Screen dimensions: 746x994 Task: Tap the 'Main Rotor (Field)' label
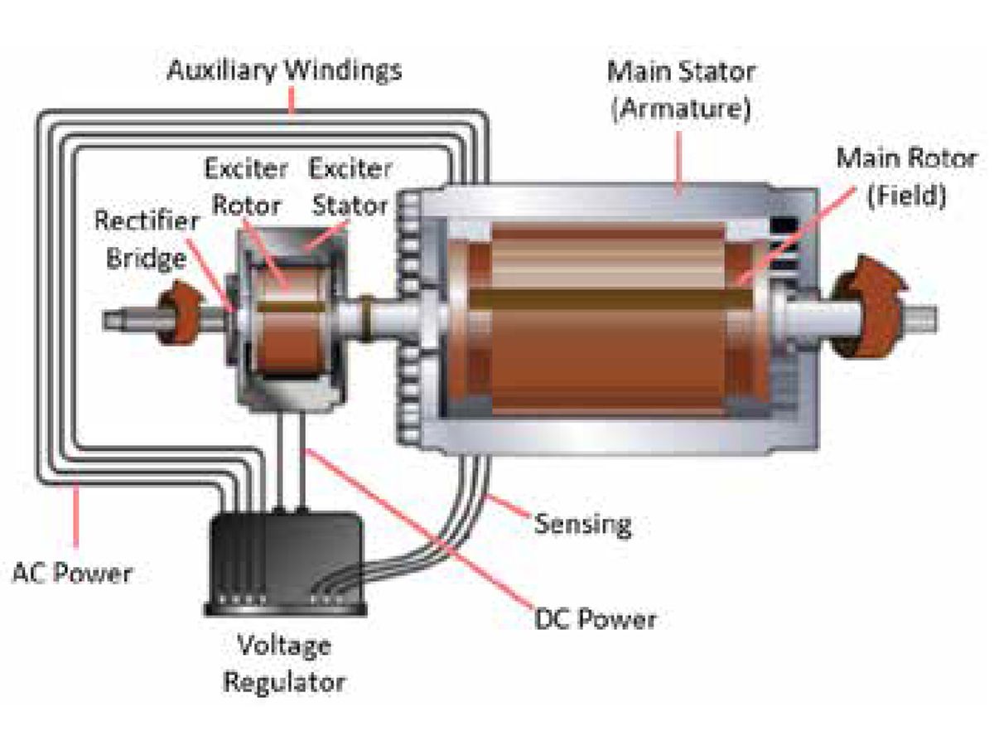[905, 177]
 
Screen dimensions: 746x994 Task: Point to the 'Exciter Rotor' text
[246, 187]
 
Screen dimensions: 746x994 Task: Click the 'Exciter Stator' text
[349, 187]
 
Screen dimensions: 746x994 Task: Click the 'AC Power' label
[72, 572]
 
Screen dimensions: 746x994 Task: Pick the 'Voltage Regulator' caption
[284, 664]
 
